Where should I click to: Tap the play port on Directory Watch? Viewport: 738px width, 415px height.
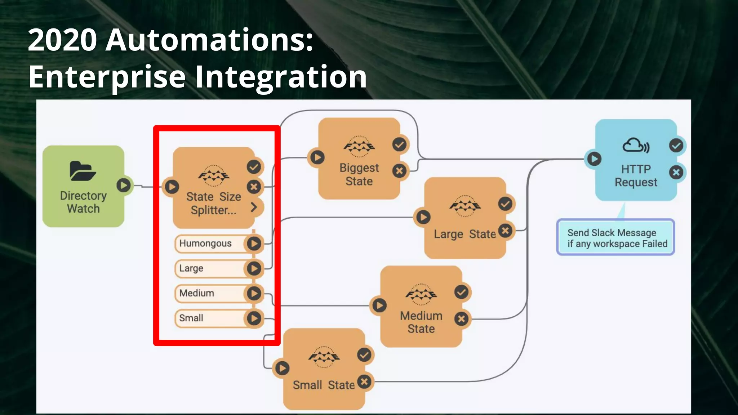pos(124,186)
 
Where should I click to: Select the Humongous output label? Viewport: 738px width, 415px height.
pos(205,244)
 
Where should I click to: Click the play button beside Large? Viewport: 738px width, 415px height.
pos(254,268)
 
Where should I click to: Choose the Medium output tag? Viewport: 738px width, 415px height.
pos(197,293)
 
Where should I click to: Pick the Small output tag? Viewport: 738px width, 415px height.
pos(191,318)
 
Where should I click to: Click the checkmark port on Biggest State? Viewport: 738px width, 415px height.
pos(399,145)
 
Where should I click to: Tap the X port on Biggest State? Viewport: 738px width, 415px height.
pos(399,171)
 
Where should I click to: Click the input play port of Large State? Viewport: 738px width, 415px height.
pos(423,217)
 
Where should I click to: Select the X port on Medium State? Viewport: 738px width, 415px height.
pos(462,319)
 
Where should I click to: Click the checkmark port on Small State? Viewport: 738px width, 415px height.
pos(364,355)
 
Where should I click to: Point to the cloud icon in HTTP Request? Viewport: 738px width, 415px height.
pos(636,146)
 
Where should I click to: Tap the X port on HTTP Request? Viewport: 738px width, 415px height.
pos(676,172)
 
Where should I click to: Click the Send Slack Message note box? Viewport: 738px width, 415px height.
pos(615,238)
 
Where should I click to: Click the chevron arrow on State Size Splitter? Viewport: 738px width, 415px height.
pos(254,207)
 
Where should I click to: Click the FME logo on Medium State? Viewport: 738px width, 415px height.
pos(421,294)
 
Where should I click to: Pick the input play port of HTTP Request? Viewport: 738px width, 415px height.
pos(594,159)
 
